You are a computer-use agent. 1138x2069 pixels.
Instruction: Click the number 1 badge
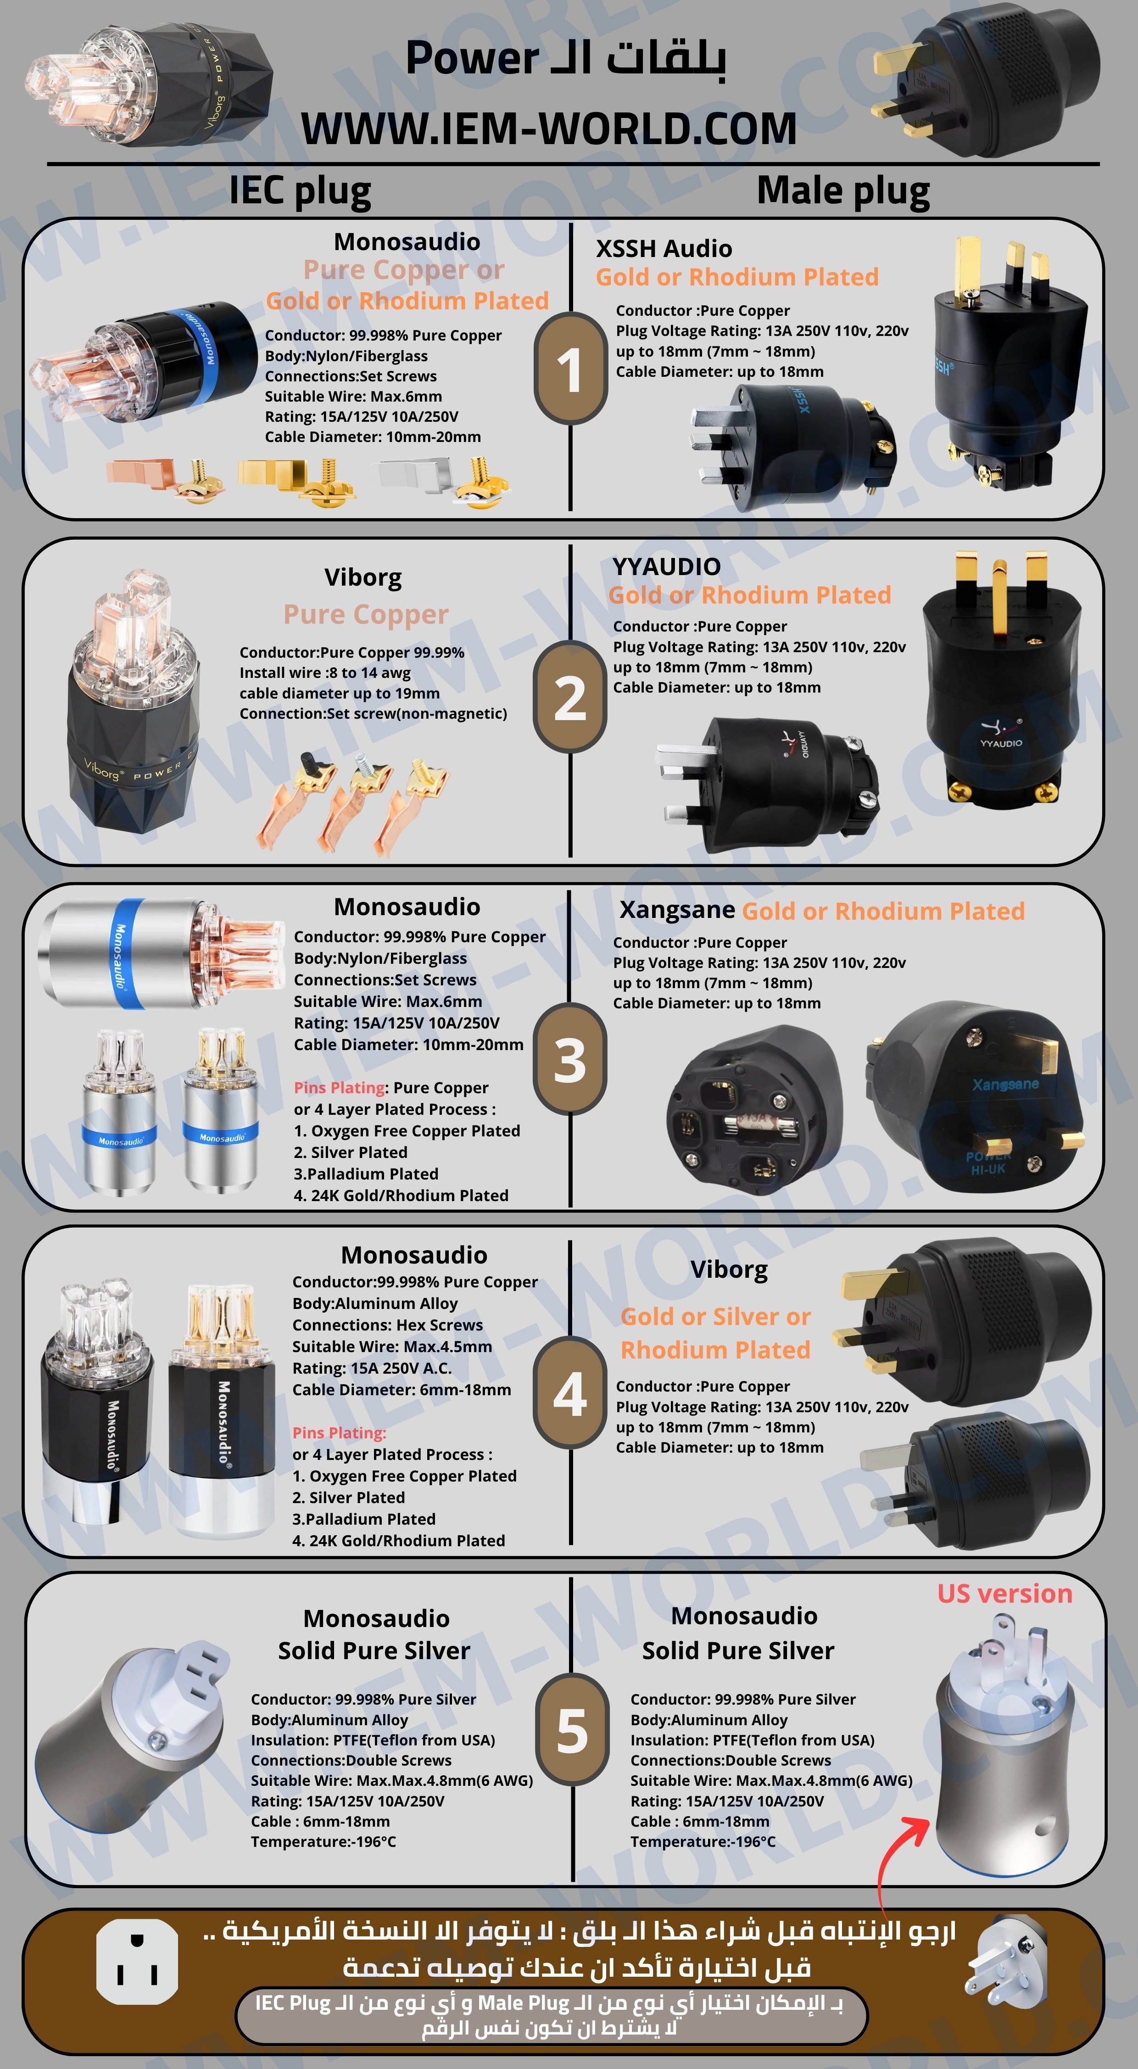click(x=570, y=369)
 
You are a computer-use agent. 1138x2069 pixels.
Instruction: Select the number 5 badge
click(x=572, y=1733)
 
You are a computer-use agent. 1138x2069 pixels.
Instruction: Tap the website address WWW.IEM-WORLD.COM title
click(x=549, y=129)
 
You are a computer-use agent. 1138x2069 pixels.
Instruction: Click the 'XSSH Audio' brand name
click(x=664, y=248)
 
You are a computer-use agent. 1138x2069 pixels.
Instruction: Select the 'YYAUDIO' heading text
click(x=667, y=566)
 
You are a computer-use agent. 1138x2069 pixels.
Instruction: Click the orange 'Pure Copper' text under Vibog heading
click(x=365, y=615)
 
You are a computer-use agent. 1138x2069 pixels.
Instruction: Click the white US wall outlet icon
click(x=137, y=1962)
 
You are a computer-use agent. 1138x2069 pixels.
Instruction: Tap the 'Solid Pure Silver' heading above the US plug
click(x=738, y=1650)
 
